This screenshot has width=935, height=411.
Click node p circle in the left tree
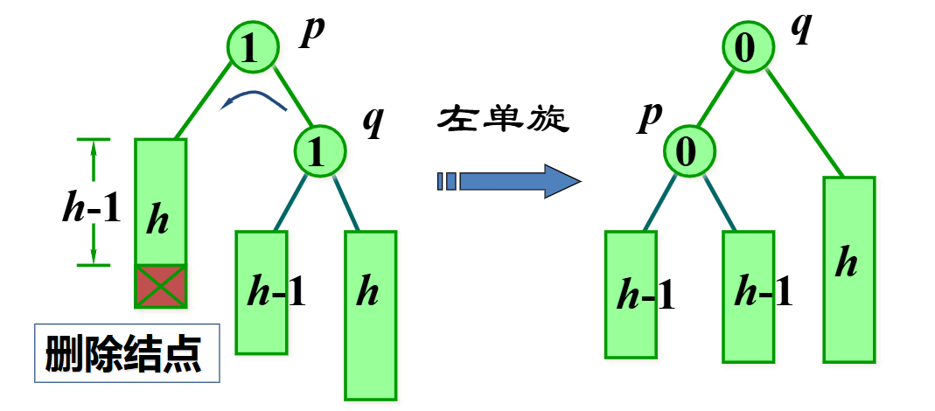coord(253,47)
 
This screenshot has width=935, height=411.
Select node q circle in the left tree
coord(321,150)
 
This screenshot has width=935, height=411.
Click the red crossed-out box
coord(160,286)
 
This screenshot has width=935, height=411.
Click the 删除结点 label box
coord(127,354)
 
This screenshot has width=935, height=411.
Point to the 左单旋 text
coord(504,119)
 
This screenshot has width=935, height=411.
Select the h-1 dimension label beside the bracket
coord(90,211)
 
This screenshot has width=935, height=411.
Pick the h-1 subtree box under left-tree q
coord(262,292)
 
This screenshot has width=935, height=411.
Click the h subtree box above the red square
coord(160,202)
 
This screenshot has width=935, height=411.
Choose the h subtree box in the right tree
coord(848,269)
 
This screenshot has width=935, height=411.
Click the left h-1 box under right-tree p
coord(631,294)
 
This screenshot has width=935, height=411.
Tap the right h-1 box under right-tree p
coord(749,296)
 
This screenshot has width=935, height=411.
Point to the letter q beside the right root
coord(801,26)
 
